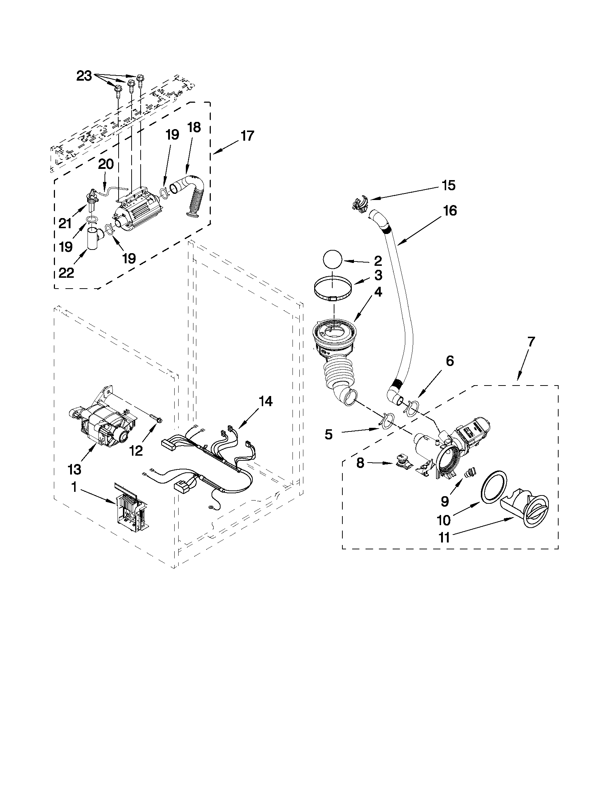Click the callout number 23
point(84,76)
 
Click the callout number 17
point(247,136)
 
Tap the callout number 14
point(265,401)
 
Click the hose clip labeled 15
point(360,203)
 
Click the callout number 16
point(450,210)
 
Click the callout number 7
point(531,341)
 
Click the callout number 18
point(194,128)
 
